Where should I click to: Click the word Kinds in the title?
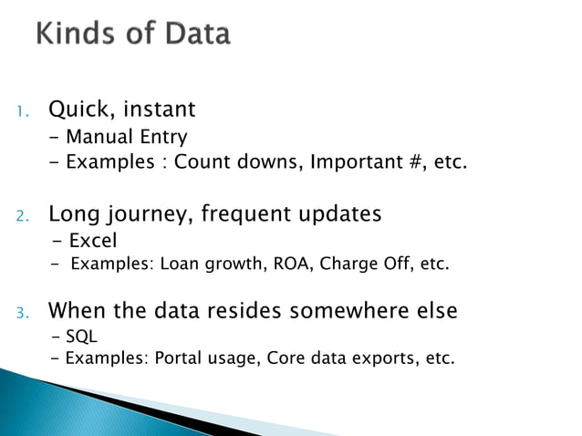click(78, 35)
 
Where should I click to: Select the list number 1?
click(24, 112)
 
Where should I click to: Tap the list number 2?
click(24, 217)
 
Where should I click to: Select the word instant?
click(159, 110)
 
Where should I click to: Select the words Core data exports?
click(344, 358)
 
